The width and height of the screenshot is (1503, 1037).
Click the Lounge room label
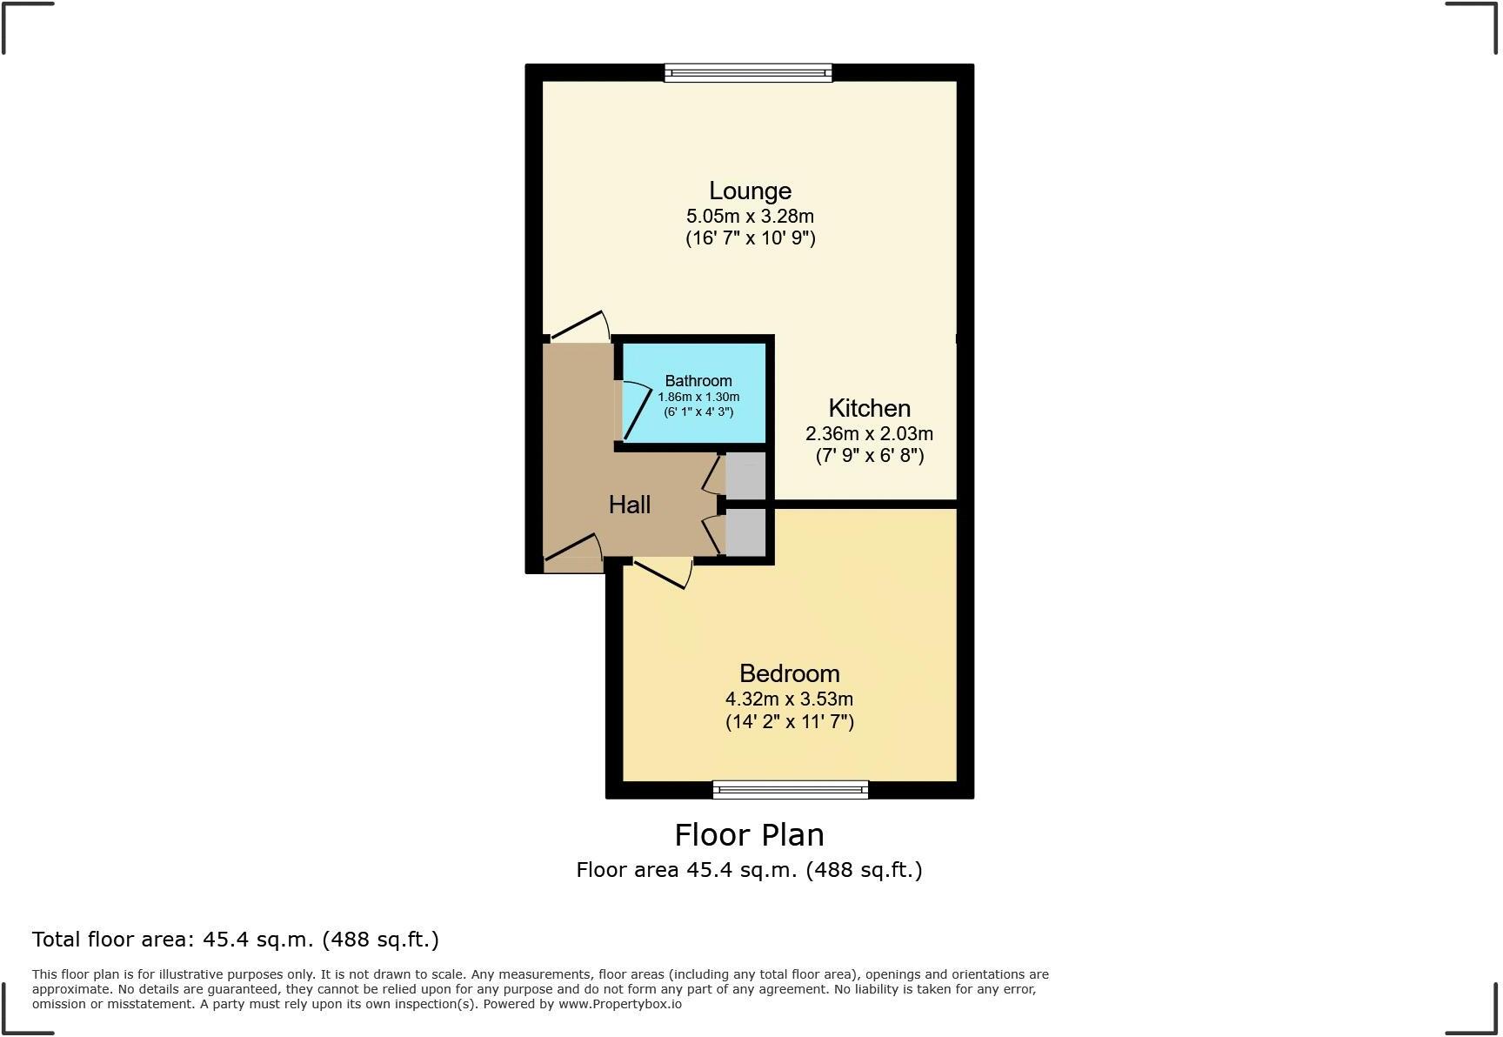[x=750, y=191]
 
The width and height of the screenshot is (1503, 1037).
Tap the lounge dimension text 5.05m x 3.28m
[x=750, y=216]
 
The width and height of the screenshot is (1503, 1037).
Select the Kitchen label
[x=869, y=408]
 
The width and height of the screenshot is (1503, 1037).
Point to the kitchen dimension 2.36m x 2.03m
[x=869, y=433]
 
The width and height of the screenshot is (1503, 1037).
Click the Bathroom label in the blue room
[x=698, y=381]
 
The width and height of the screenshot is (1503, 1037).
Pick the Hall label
[x=629, y=505]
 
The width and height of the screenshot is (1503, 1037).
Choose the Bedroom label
[x=789, y=673]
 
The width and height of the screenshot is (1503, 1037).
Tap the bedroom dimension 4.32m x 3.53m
[x=789, y=699]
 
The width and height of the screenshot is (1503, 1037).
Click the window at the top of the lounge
[x=748, y=73]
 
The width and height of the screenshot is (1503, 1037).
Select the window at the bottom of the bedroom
[x=790, y=789]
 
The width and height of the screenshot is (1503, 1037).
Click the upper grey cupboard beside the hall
[x=745, y=476]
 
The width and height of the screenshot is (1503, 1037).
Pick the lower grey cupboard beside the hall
[x=745, y=532]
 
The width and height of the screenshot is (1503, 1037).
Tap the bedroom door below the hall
[x=663, y=572]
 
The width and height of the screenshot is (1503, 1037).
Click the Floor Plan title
[x=749, y=835]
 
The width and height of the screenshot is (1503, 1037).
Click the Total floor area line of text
[x=235, y=940]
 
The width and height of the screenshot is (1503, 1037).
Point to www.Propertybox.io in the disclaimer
[x=619, y=1004]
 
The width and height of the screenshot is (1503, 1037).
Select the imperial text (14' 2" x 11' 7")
[x=789, y=722]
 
